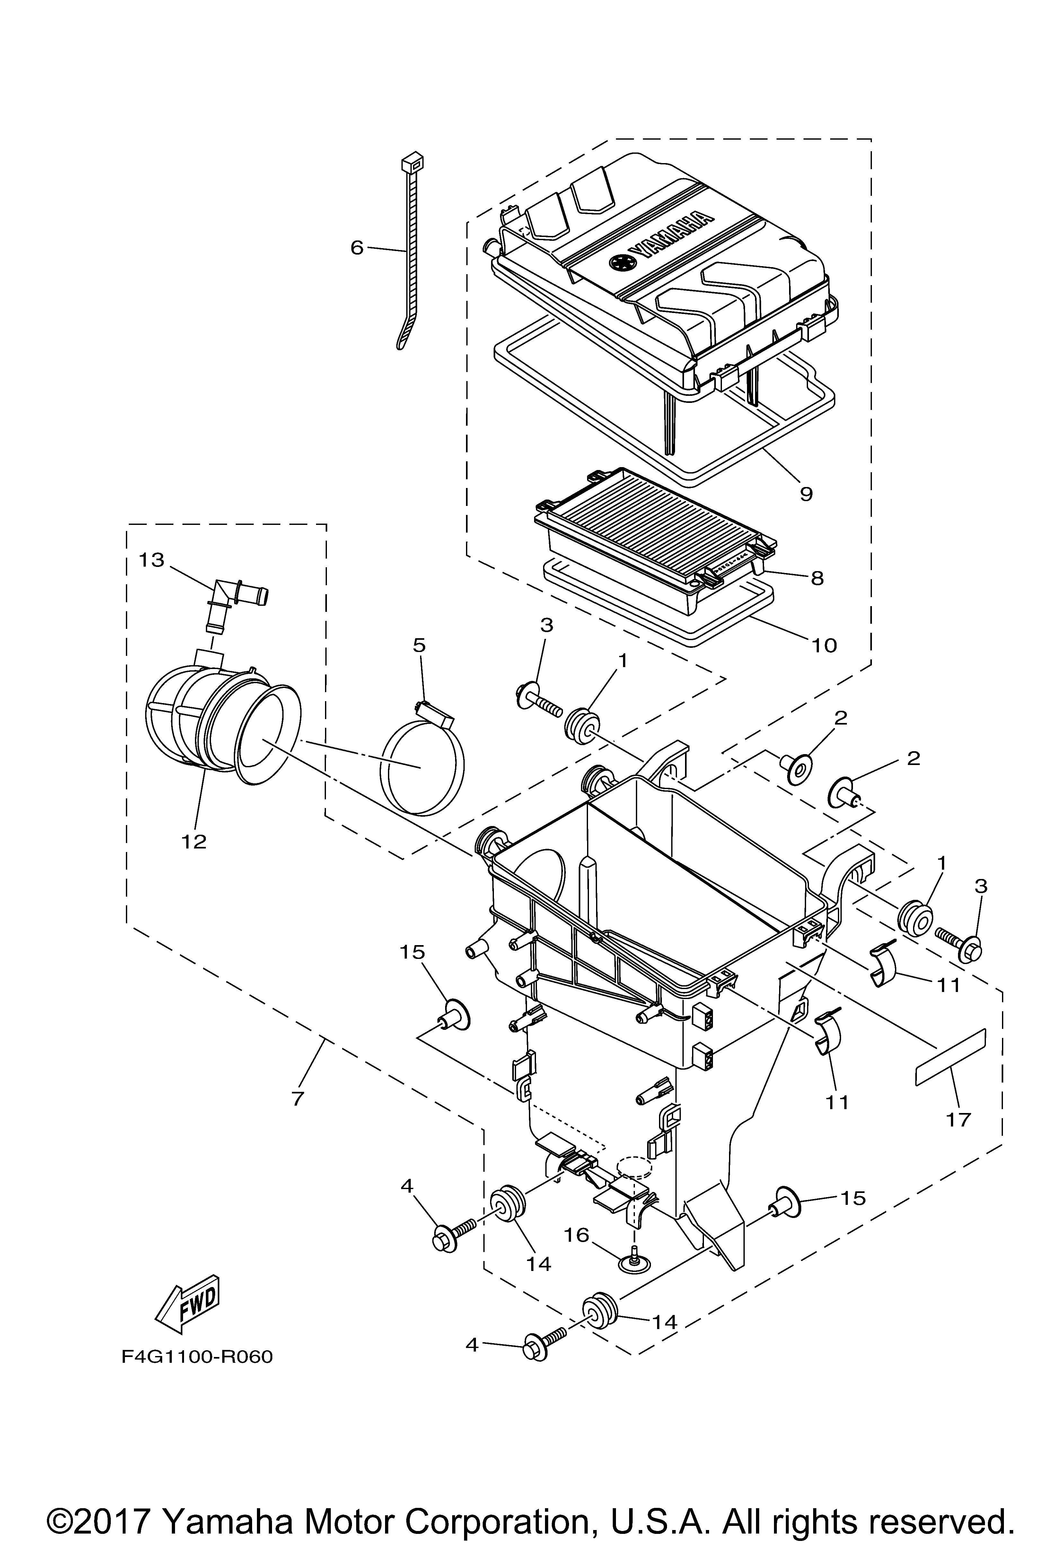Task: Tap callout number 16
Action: click(577, 1235)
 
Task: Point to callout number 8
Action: click(817, 578)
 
